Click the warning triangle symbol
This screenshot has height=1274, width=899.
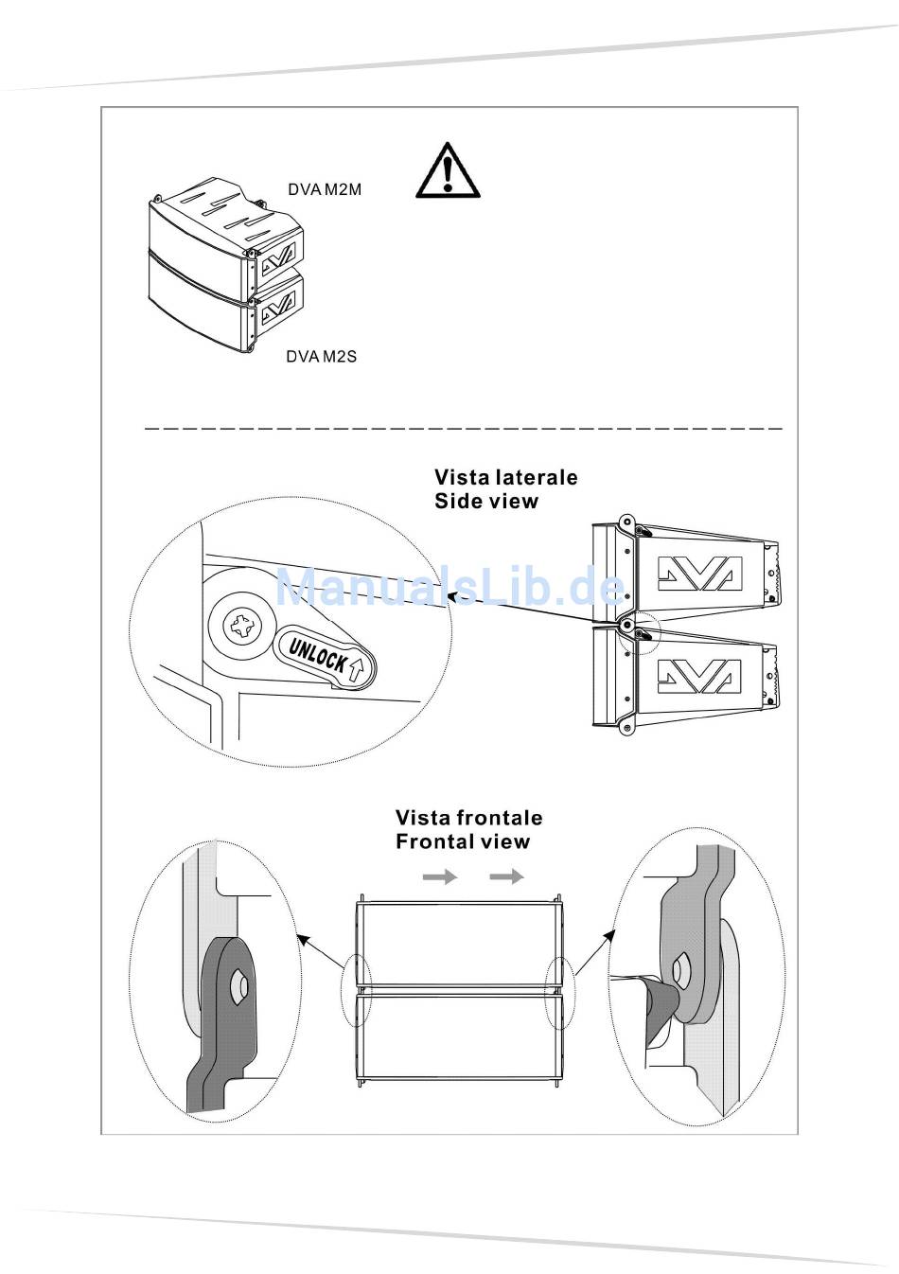pos(448,172)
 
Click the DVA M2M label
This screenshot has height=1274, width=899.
pos(325,189)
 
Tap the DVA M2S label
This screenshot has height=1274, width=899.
pos(322,357)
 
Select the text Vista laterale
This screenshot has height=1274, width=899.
pos(505,477)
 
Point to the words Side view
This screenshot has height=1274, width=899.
pos(485,502)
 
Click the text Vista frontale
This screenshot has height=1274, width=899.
pos(468,818)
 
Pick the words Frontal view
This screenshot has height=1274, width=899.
pos(463,841)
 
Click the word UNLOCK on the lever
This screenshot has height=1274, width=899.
pos(317,655)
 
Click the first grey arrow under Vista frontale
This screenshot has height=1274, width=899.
pos(439,877)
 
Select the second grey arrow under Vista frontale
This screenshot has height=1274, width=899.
pos(506,877)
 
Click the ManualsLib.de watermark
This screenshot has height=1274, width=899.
pos(449,588)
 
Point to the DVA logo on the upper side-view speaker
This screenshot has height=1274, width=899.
pos(699,574)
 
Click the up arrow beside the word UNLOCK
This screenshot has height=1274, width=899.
pos(356,671)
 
